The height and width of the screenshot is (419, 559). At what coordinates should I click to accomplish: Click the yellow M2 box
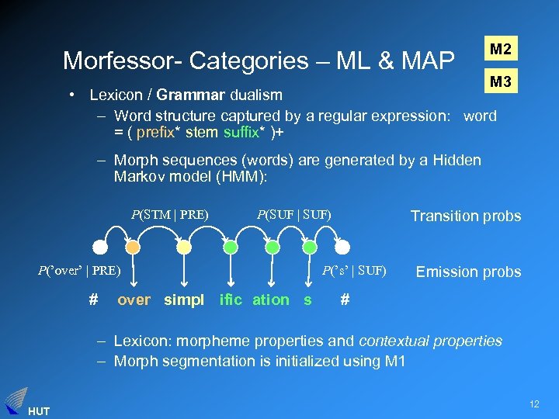tap(501, 50)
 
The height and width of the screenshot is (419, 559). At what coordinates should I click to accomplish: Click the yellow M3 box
tap(501, 81)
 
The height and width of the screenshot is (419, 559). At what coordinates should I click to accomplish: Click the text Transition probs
tap(466, 216)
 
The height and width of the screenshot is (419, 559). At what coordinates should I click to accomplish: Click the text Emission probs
tap(468, 272)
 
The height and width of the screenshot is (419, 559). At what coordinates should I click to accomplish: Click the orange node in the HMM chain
tap(134, 248)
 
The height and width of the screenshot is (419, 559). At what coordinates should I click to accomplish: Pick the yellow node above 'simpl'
tap(183, 248)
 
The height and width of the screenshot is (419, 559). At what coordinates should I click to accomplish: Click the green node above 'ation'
tap(272, 248)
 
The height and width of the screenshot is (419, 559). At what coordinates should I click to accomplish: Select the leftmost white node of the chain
tap(99, 248)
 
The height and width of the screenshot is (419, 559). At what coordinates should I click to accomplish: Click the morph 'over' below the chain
tap(134, 300)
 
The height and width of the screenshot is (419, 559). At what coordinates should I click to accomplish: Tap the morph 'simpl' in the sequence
tap(184, 300)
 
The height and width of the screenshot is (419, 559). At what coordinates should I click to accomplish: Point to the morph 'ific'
tap(231, 300)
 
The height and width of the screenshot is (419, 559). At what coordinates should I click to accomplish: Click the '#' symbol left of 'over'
tap(92, 300)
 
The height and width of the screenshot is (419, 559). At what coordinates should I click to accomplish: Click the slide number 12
tap(533, 403)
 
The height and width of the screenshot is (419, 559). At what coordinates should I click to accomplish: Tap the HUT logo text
tap(38, 410)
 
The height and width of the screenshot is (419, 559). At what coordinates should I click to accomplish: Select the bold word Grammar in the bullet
tap(190, 95)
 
